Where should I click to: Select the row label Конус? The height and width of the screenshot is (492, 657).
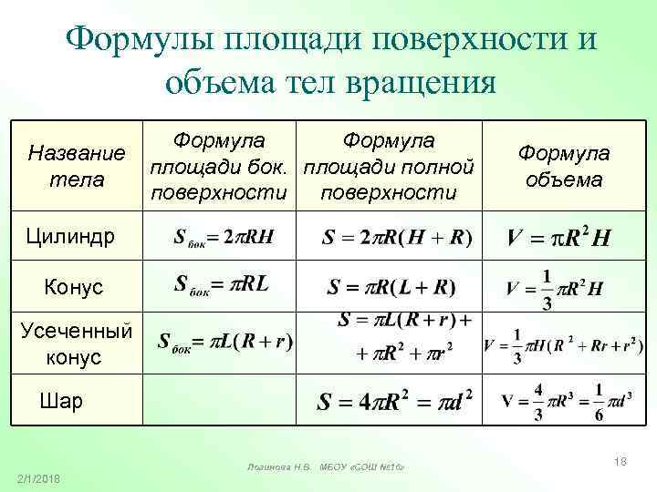point(74,288)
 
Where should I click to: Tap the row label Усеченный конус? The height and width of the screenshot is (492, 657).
point(76,343)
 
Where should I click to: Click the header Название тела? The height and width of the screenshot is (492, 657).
point(76,167)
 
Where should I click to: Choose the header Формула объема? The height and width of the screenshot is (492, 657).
point(564,167)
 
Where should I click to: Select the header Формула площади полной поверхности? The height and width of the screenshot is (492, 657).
point(389,167)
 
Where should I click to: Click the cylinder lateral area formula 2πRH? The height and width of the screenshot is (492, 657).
point(224,239)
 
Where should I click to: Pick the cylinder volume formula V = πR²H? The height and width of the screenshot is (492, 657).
point(559,239)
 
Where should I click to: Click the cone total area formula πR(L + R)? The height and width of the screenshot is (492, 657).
point(391,288)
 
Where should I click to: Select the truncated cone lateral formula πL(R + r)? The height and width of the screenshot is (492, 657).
point(225,343)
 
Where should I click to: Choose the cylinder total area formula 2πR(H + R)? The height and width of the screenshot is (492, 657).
point(397,239)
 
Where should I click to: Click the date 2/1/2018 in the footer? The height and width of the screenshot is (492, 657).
point(37,479)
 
